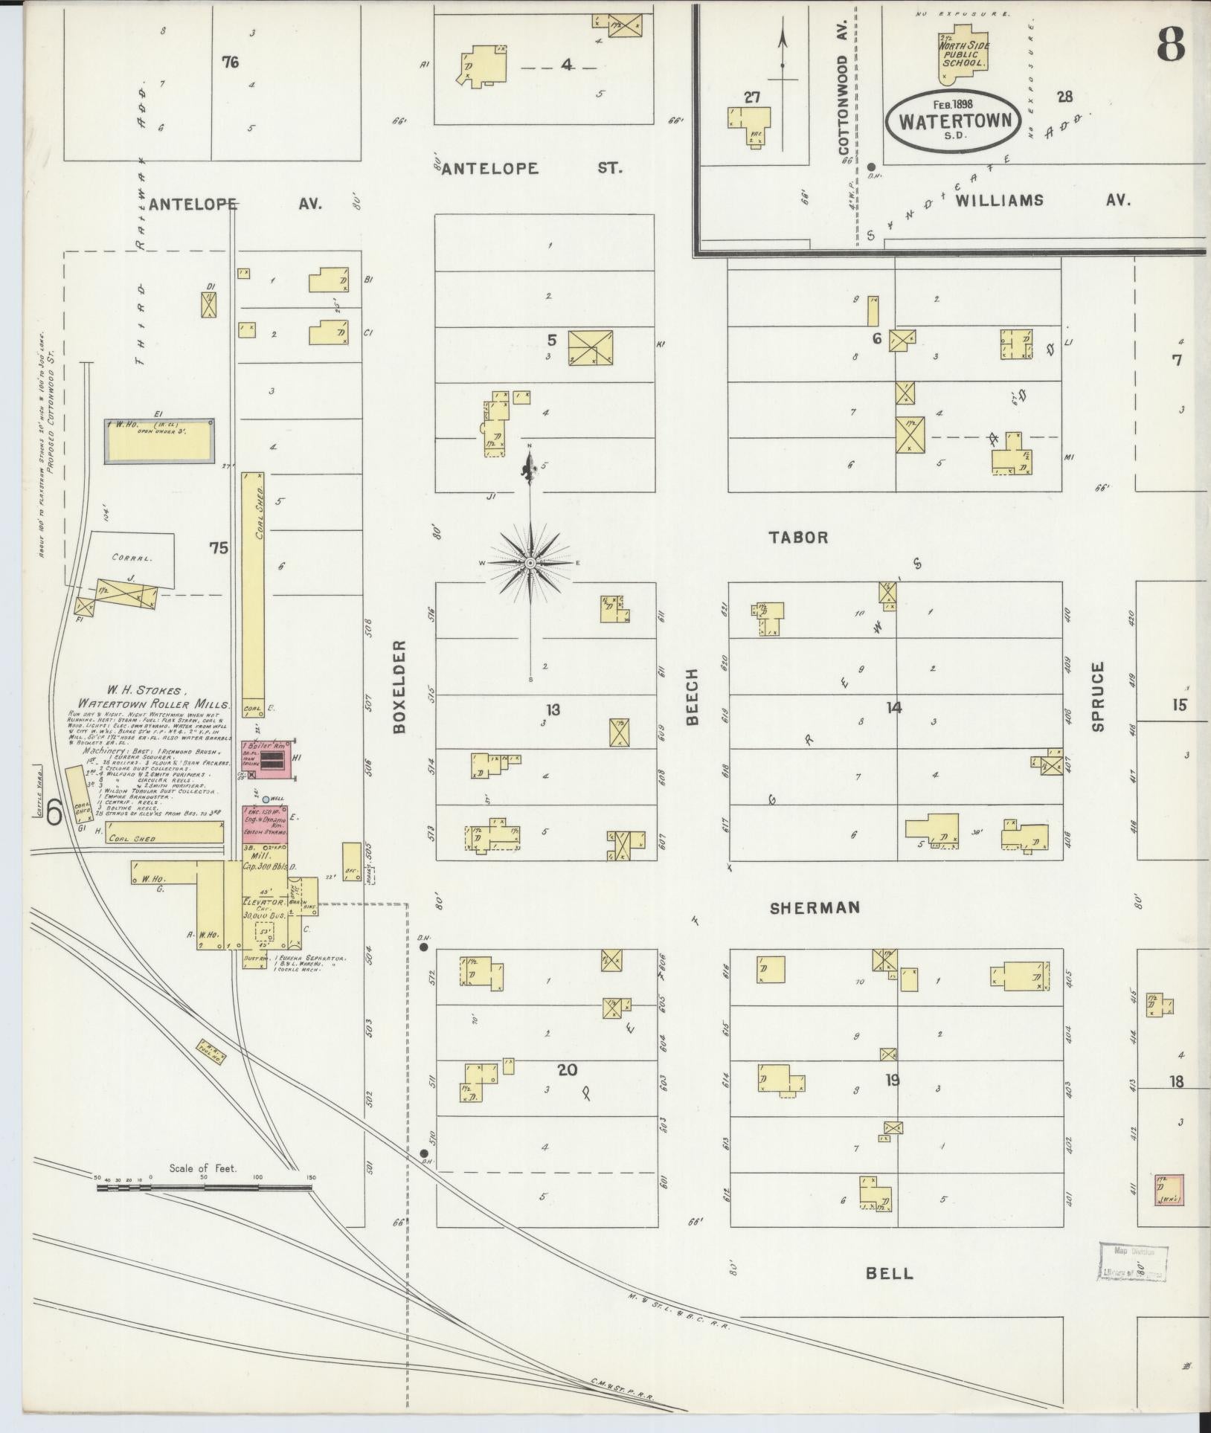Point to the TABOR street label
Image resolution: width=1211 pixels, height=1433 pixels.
[x=799, y=537]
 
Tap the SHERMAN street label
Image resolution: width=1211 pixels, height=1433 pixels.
[x=815, y=907]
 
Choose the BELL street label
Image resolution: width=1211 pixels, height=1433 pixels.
[x=889, y=1274]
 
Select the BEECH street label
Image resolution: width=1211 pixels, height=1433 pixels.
[x=692, y=696]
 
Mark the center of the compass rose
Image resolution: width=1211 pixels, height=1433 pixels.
[x=530, y=563]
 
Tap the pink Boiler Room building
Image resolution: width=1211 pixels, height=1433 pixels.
[x=268, y=759]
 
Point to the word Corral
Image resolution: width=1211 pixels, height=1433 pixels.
[x=132, y=556]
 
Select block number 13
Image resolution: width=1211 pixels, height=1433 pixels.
[x=553, y=709]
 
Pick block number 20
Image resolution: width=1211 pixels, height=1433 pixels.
[x=567, y=1070]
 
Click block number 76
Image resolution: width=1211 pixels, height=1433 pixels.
[x=230, y=62]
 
